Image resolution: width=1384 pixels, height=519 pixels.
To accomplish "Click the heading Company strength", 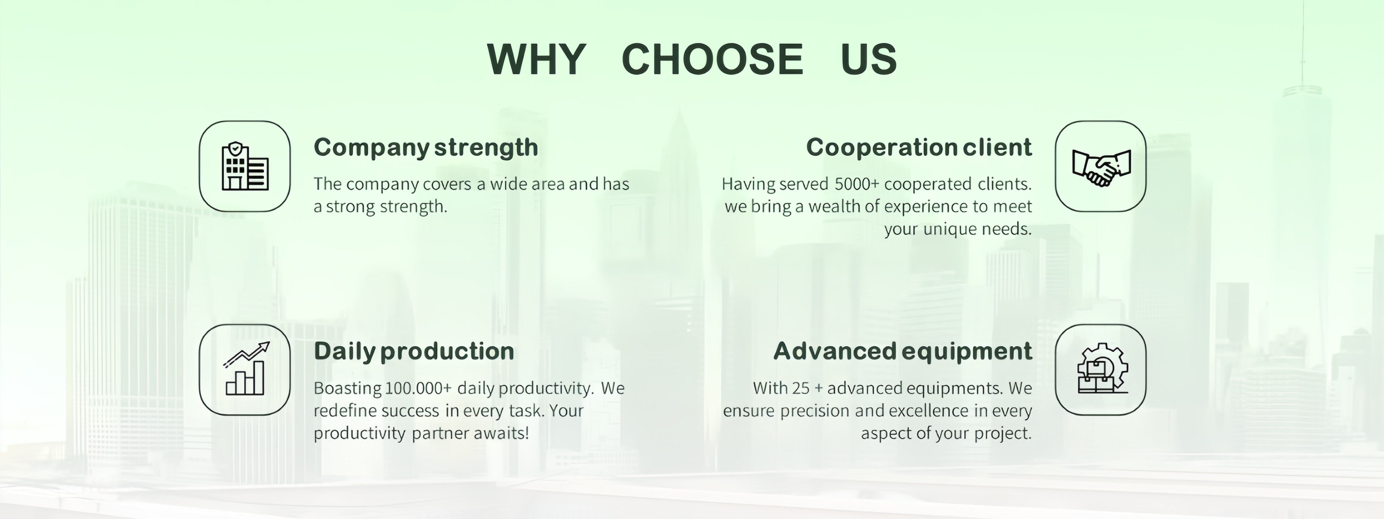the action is tap(426, 148).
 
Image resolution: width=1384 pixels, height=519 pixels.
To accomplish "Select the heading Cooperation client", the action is tap(919, 147).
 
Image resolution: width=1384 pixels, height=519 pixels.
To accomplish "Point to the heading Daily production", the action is tap(414, 351).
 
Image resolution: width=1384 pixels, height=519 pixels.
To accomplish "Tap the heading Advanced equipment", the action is tap(902, 351).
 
